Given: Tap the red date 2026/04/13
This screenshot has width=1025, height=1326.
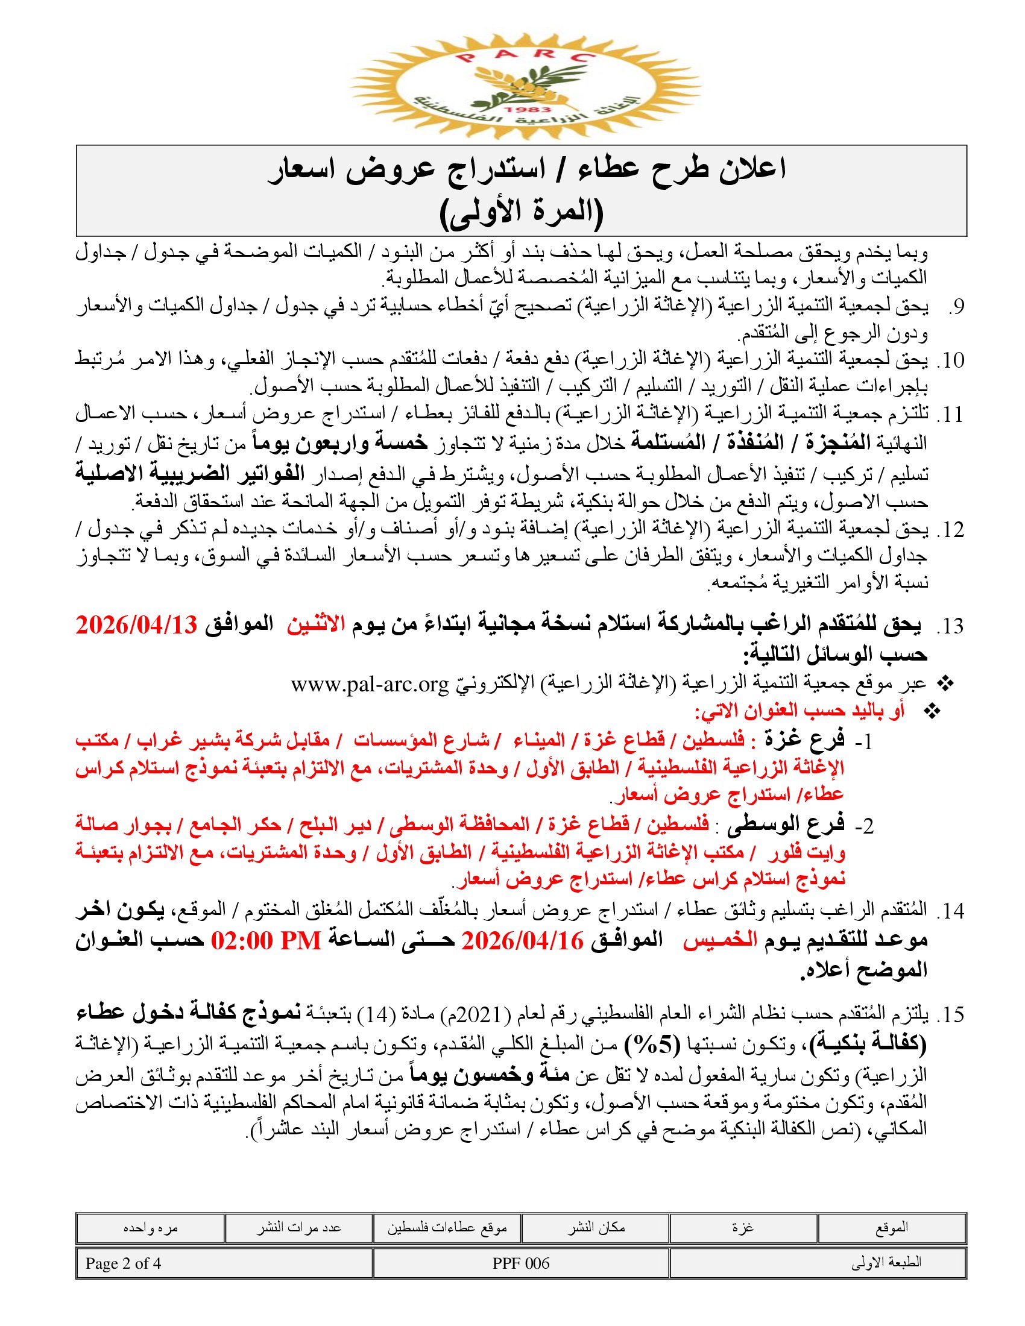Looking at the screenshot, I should (x=137, y=625).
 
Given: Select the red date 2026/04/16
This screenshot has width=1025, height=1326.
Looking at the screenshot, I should (x=522, y=941).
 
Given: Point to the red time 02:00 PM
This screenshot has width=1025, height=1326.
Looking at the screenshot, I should (x=266, y=941).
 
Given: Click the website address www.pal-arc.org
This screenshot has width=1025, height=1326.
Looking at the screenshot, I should (x=370, y=684).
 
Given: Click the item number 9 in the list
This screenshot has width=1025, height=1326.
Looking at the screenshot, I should (x=956, y=307).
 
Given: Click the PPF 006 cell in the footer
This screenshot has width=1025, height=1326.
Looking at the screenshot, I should (x=521, y=1263).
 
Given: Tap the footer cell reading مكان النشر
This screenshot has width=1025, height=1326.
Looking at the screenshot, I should (x=596, y=1228).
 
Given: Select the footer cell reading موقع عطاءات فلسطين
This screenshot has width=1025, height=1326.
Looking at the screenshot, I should (x=447, y=1229).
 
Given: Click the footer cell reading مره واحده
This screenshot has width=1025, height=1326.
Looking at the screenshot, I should (x=150, y=1228).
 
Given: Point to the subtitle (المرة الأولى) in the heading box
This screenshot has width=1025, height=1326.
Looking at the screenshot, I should (x=521, y=213).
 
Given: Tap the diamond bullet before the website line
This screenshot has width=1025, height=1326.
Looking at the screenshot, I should (x=945, y=684).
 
